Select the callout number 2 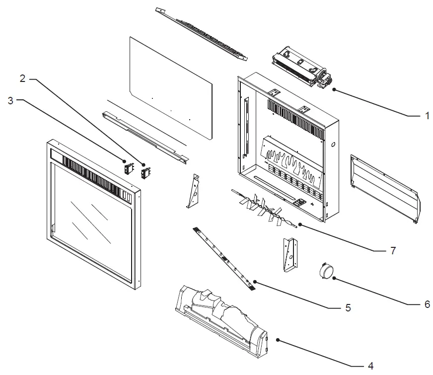pos(22,78)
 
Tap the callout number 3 pos(11,100)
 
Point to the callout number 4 pos(370,366)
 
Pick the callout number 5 pos(348,308)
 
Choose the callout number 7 pos(392,250)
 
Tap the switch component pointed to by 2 pos(145,172)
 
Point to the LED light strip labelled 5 pos(223,258)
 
